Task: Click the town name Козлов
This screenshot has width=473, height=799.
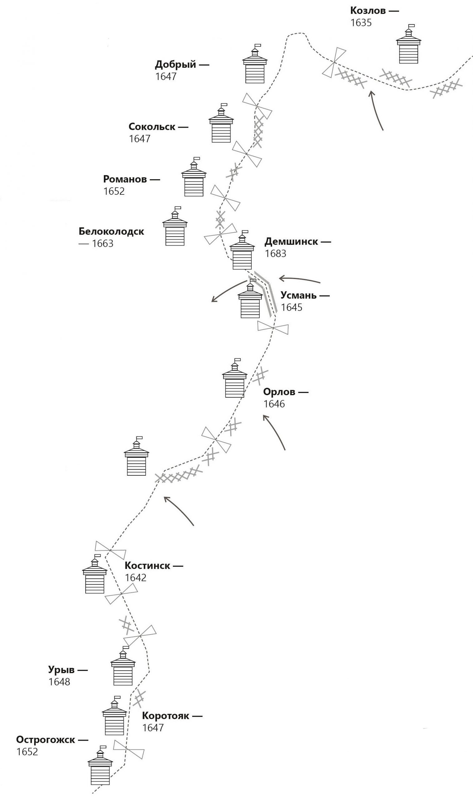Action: pos(368,11)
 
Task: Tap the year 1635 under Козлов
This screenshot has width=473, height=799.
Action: pos(361,23)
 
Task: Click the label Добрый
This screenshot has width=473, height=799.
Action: pos(175,64)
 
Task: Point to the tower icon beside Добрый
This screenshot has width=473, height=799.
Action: pos(255,64)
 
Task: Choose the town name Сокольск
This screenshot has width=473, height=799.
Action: pos(152,127)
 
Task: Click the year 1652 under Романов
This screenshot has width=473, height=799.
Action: pos(114,191)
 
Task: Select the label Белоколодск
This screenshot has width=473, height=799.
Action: pos(111,231)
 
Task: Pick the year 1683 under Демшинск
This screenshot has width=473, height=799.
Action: pos(276,253)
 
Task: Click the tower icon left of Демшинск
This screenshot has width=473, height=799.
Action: pos(242,251)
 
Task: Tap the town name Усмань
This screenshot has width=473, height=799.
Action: pos(298,295)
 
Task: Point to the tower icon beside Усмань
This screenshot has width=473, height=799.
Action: pos(250,300)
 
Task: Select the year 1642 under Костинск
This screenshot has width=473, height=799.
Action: pos(135,578)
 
